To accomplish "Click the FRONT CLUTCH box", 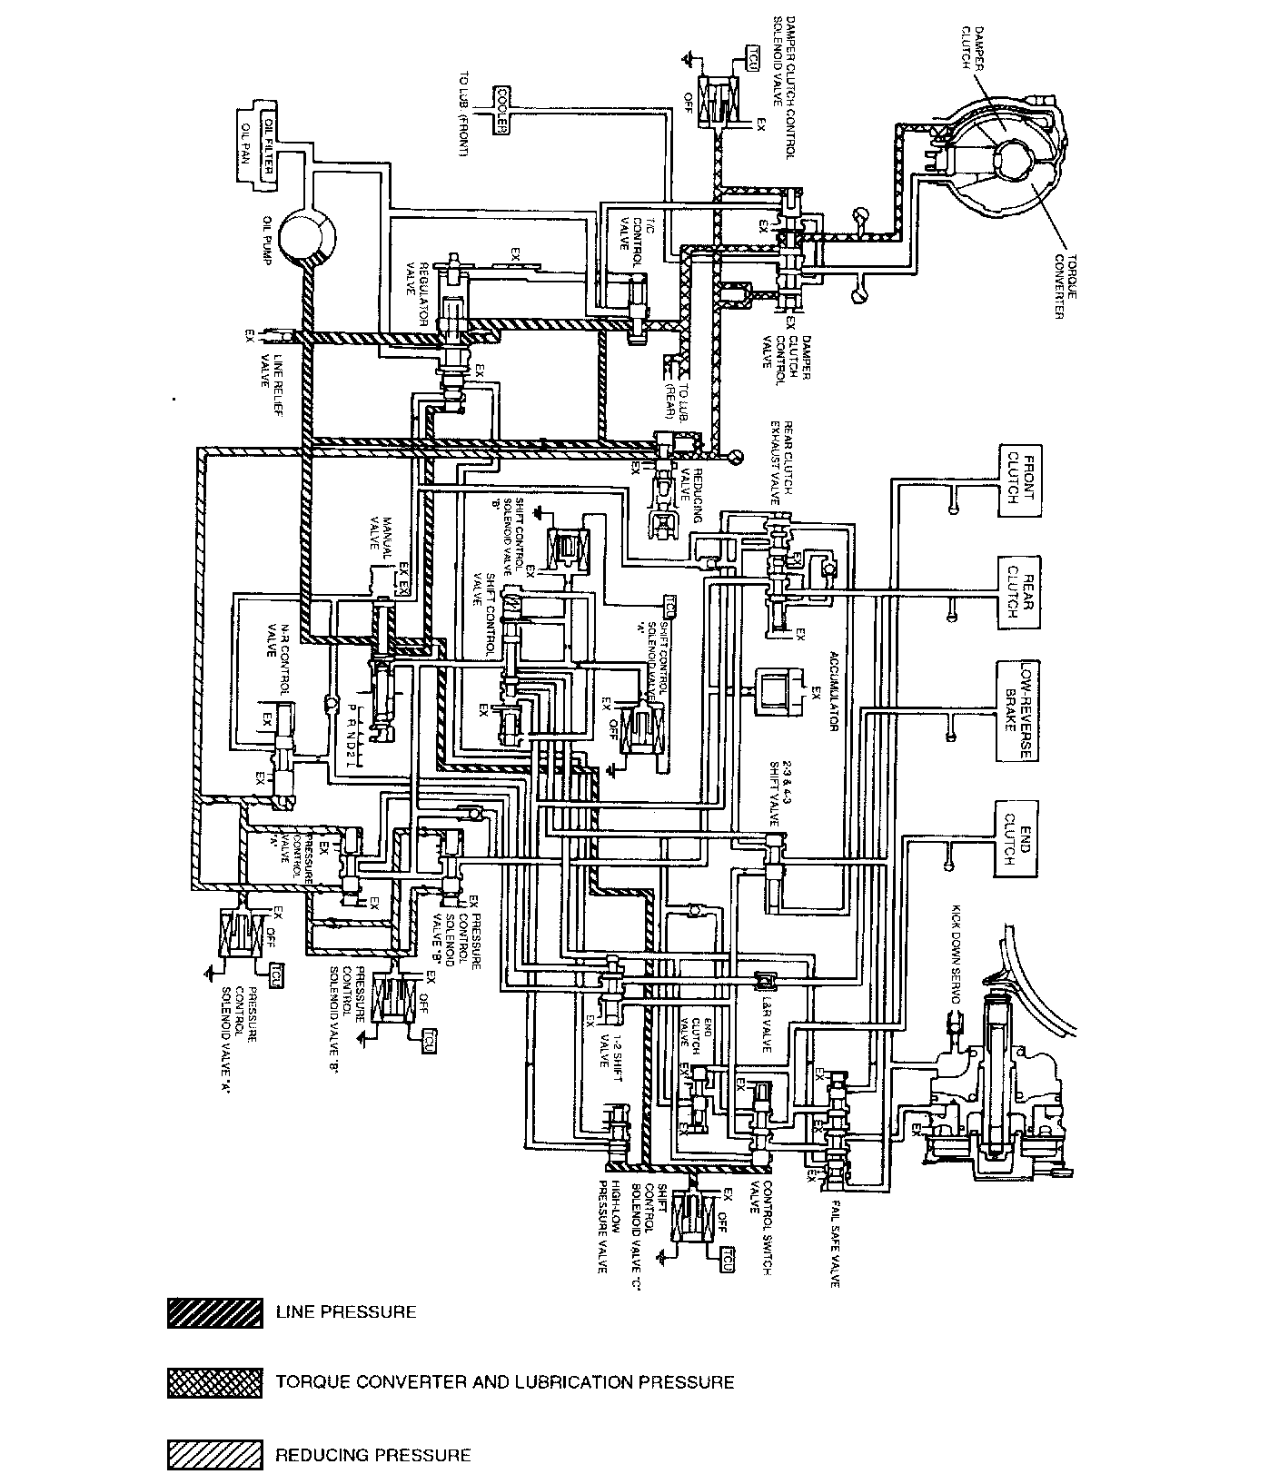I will tap(1018, 481).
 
